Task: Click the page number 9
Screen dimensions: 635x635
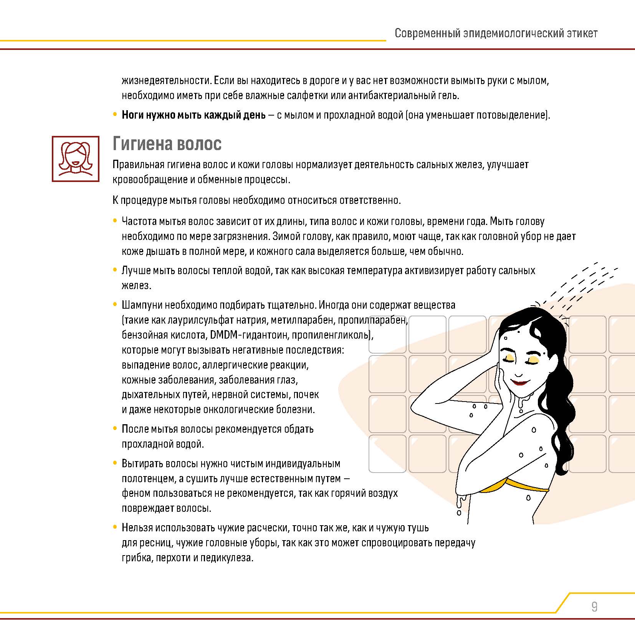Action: pyautogui.click(x=594, y=607)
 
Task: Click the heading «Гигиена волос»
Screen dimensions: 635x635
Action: pyautogui.click(x=167, y=144)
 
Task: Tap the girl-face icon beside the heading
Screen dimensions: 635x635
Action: pyautogui.click(x=76, y=159)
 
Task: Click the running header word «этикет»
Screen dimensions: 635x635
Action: pyautogui.click(x=582, y=33)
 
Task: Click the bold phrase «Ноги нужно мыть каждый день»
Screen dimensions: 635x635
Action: pyautogui.click(x=193, y=115)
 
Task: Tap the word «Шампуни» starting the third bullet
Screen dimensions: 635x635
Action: pyautogui.click(x=142, y=305)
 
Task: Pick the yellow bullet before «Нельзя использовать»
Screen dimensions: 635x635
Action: pyautogui.click(x=115, y=527)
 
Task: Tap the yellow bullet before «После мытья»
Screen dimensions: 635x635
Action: pyautogui.click(x=115, y=428)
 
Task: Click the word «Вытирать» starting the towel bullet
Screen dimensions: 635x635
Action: pyautogui.click(x=140, y=463)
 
